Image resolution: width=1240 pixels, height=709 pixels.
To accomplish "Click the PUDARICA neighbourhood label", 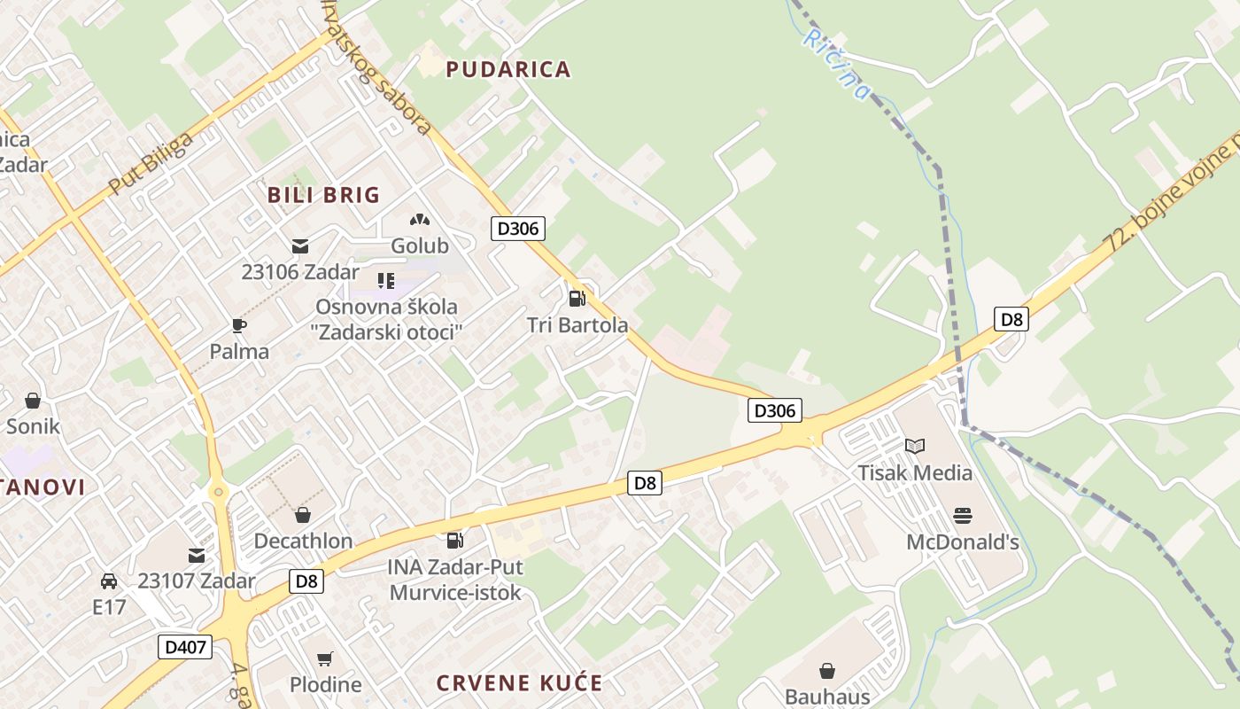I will (508, 69).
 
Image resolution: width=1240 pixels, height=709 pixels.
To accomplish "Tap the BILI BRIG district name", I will (323, 195).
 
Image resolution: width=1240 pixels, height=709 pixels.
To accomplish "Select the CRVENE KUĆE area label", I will (519, 683).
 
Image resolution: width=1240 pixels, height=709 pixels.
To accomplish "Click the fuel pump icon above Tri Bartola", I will (577, 299).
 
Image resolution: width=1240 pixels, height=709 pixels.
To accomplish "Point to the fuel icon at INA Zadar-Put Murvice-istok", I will (454, 540).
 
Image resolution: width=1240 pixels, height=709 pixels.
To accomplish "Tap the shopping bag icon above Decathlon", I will (303, 515).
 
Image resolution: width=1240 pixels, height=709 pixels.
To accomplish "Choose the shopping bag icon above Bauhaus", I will (827, 671).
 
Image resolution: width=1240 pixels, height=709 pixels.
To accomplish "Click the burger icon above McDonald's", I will (963, 515).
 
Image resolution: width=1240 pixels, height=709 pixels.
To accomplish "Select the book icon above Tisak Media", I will (915, 446).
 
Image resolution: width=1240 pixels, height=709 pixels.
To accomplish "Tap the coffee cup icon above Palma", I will (239, 325).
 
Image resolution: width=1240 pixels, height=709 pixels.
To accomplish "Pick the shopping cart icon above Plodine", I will (325, 658).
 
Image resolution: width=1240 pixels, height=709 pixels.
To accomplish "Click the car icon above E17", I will (109, 581).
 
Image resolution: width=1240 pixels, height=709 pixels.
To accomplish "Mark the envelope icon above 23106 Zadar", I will (300, 245).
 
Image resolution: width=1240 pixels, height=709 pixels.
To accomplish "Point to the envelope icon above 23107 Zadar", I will (197, 556).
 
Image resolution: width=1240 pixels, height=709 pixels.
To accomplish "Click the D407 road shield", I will (186, 647).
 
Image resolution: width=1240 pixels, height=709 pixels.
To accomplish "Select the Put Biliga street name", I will (150, 165).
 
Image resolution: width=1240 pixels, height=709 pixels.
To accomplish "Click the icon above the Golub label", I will (420, 219).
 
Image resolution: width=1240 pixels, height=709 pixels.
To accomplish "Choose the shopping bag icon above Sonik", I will (33, 401).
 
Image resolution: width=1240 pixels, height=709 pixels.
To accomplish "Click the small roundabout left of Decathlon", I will (218, 492).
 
